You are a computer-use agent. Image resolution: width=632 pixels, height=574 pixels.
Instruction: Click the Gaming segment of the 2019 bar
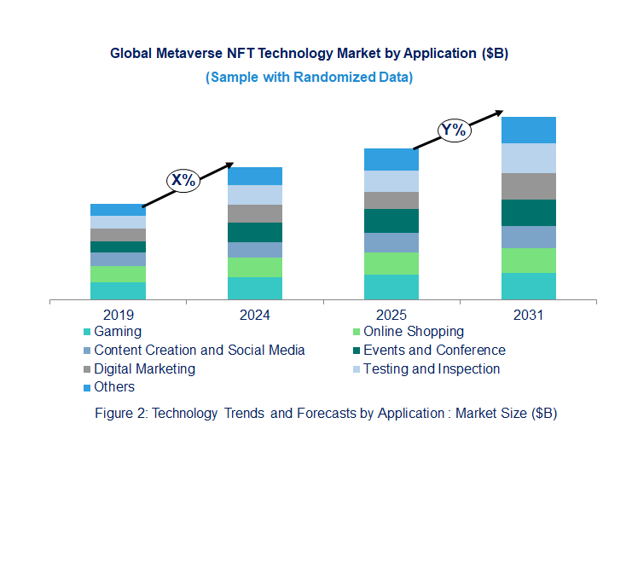(x=118, y=291)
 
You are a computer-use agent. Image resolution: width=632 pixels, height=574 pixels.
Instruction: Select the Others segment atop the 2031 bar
(x=528, y=130)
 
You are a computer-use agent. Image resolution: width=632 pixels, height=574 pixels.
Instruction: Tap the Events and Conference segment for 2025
(x=391, y=221)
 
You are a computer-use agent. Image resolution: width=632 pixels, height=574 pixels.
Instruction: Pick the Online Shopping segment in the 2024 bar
(x=255, y=267)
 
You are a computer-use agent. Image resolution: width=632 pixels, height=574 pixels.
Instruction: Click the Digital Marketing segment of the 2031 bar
(x=528, y=186)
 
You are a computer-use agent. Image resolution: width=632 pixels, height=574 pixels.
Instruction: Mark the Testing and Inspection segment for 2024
(x=255, y=194)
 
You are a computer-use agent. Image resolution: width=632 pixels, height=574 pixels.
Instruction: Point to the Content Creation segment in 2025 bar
(x=391, y=242)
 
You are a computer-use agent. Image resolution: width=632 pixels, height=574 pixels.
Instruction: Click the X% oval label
(x=183, y=180)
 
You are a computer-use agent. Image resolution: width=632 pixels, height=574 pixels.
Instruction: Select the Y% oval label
(x=454, y=130)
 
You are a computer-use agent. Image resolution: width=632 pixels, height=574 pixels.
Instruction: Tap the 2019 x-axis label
(x=118, y=315)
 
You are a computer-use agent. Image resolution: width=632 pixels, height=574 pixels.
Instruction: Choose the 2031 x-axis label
(x=528, y=315)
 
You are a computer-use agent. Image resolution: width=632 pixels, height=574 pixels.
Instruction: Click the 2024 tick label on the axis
(x=255, y=315)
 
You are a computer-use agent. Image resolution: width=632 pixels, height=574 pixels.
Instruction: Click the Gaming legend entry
(x=118, y=331)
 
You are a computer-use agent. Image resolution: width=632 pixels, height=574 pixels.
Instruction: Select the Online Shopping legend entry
(x=413, y=331)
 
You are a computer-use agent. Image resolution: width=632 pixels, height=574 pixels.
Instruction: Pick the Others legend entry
(x=114, y=387)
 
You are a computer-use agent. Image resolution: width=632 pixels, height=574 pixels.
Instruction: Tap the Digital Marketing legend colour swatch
(x=86, y=369)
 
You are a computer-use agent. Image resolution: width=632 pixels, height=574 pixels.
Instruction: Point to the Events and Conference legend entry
(x=434, y=350)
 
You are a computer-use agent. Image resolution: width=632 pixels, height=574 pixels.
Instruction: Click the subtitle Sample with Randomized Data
(x=309, y=77)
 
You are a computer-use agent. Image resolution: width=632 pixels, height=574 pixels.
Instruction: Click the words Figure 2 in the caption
(x=119, y=413)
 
